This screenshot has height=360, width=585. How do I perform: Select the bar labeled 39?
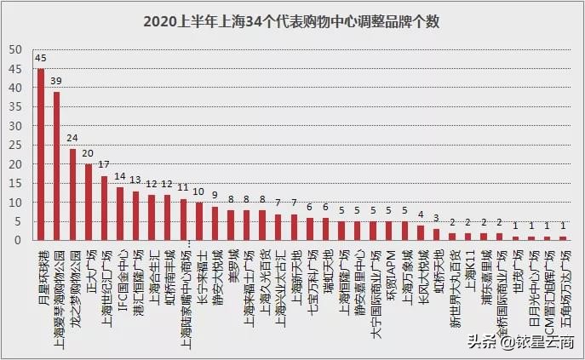coord(57,167)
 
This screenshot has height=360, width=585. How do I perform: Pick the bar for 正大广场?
coord(89,203)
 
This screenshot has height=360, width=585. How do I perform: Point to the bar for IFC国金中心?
coord(120,214)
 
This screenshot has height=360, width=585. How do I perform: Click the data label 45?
coord(41,59)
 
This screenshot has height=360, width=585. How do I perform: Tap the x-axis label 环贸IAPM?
coord(388,269)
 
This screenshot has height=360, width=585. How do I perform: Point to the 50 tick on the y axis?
coord(16,49)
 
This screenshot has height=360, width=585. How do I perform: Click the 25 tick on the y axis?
coord(16,145)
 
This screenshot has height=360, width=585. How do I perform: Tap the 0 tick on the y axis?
coord(19,240)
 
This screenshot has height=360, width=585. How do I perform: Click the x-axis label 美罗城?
coord(231,262)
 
